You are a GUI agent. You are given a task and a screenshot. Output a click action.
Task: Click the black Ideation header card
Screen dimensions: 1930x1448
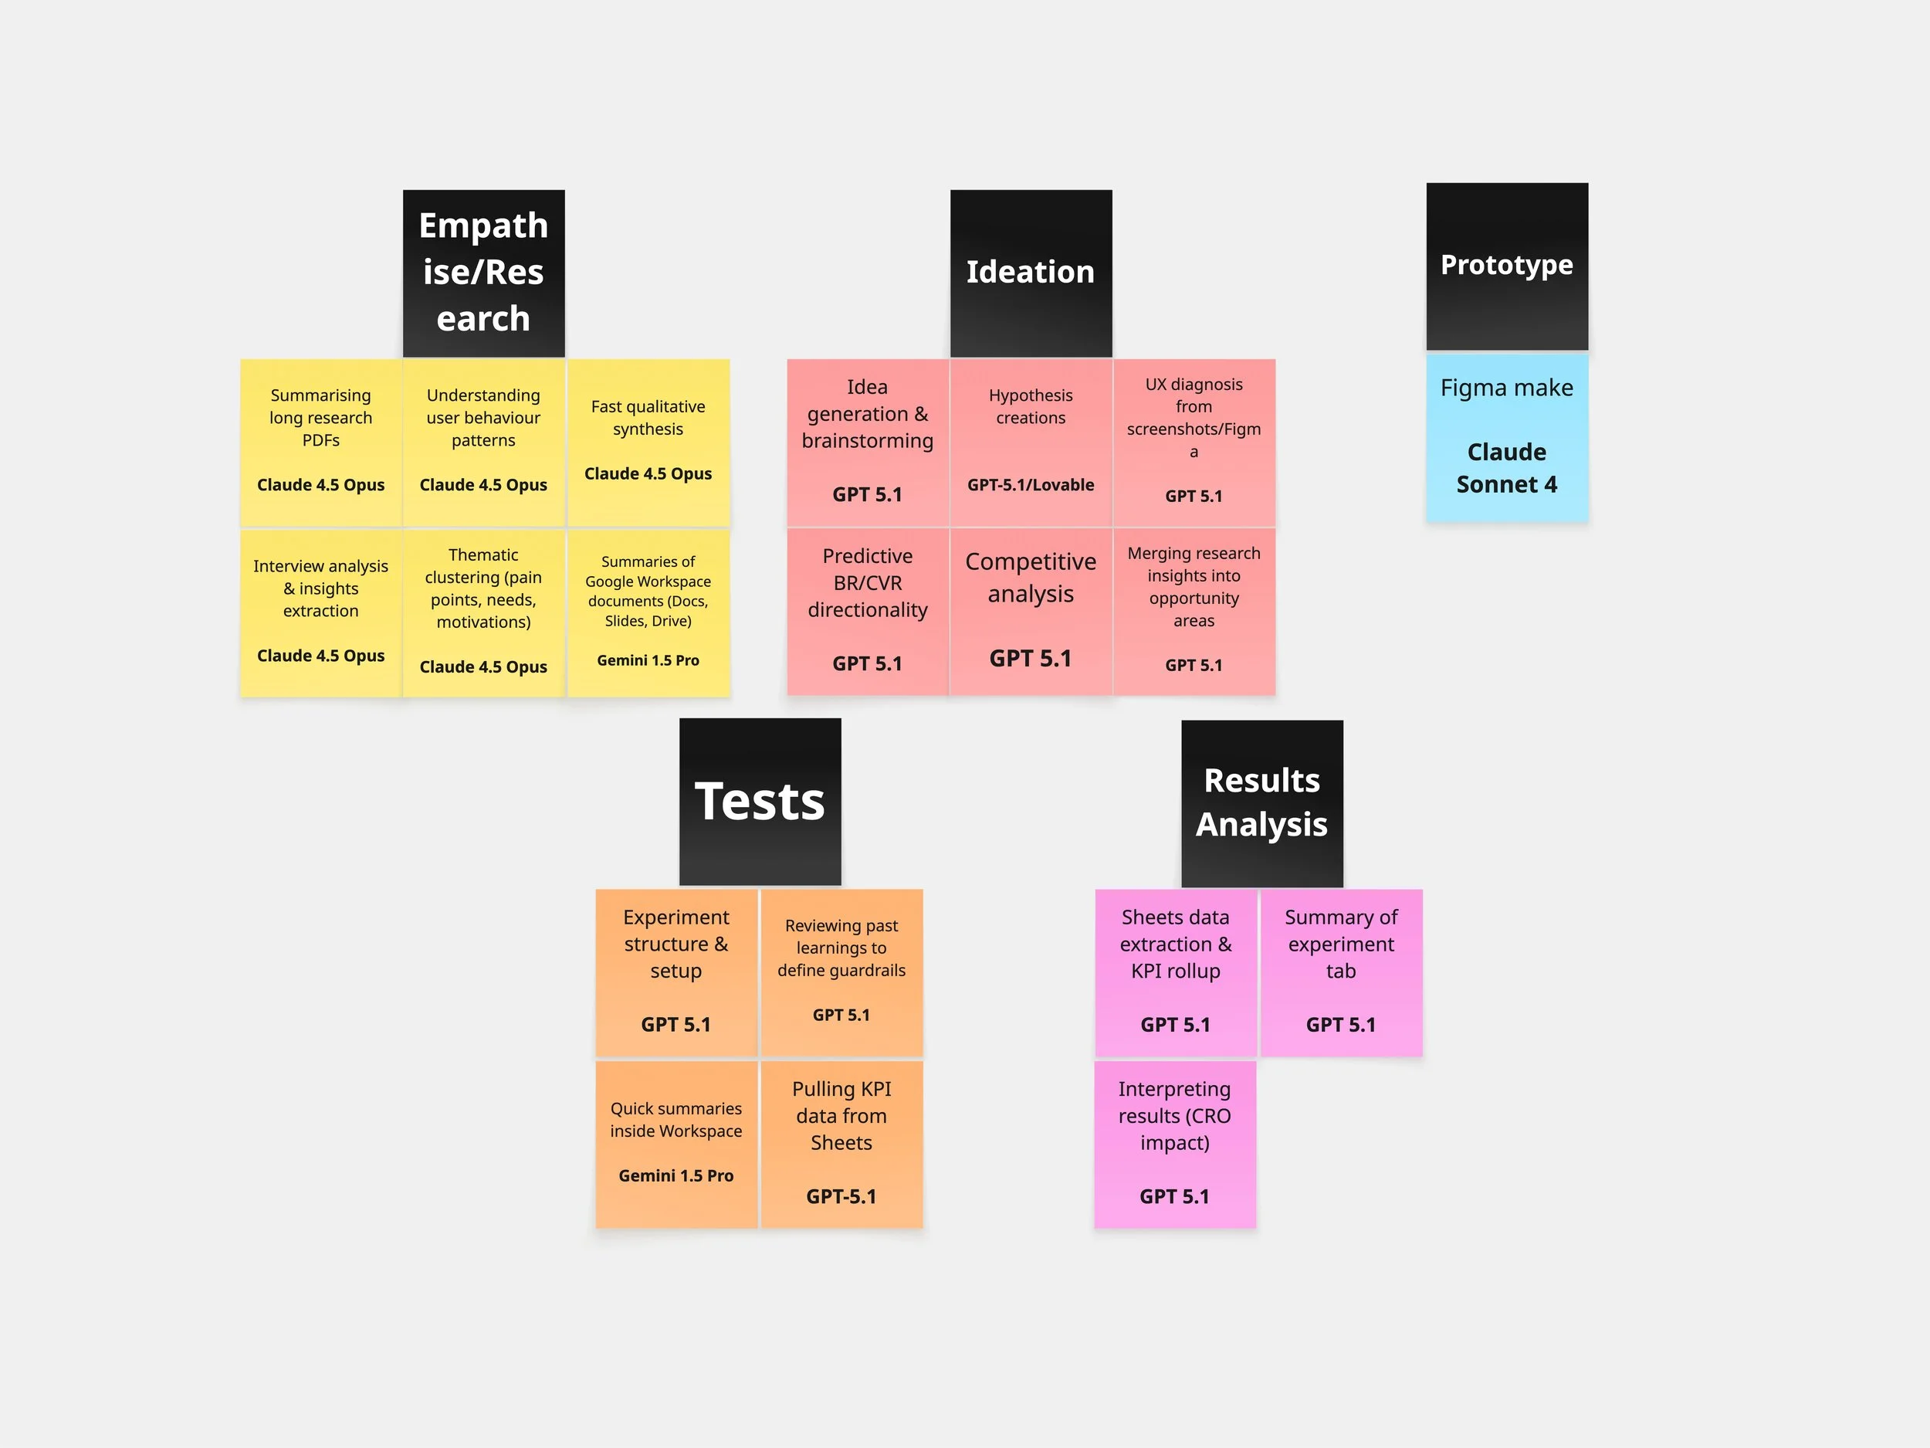coord(1031,273)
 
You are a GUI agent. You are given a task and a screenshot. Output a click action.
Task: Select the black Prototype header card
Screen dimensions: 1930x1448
coord(1507,266)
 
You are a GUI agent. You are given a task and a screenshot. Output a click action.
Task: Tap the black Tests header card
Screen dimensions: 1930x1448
coord(760,802)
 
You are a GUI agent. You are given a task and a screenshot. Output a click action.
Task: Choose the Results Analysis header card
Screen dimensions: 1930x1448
coord(1261,803)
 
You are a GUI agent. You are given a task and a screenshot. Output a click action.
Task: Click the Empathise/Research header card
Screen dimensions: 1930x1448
coord(483,273)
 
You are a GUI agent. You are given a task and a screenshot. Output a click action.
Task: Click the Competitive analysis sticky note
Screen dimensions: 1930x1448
coord(1031,611)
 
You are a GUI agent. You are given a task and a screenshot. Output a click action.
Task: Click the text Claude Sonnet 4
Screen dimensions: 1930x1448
coord(1507,468)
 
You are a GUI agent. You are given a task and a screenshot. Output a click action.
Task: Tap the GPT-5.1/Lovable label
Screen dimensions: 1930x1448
coord(1031,485)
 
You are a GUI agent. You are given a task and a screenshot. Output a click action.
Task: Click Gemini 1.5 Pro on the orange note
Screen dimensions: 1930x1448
coord(676,1175)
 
